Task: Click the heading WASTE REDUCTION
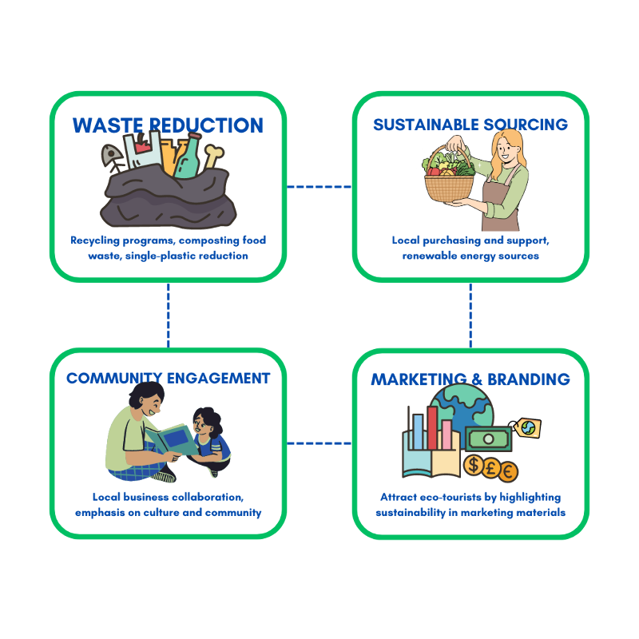click(x=168, y=125)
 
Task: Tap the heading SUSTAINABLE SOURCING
click(x=470, y=125)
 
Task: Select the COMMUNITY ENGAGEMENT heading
click(x=168, y=378)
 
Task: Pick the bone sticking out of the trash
click(x=213, y=155)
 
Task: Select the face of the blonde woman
click(x=506, y=148)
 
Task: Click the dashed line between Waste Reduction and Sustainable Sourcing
click(x=319, y=187)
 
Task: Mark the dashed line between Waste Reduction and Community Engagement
click(x=169, y=315)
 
